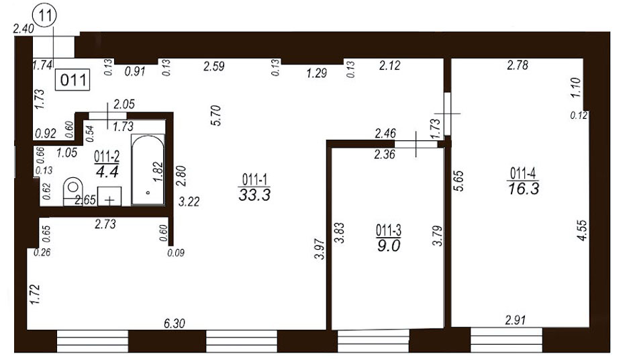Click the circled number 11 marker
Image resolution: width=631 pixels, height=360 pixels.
click(46, 16)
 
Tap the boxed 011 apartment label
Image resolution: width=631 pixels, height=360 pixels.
click(72, 80)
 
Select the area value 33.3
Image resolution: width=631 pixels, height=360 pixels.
click(254, 195)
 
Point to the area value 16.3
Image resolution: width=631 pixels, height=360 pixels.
click(523, 189)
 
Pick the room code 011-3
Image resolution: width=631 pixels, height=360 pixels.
click(389, 231)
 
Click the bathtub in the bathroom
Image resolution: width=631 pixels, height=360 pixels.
click(148, 169)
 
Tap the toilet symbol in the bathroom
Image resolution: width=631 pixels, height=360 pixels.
click(73, 191)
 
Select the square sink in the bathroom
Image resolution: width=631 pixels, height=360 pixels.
click(109, 196)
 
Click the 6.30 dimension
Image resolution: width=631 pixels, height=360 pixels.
click(175, 323)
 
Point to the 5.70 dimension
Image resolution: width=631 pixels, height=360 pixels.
click(217, 116)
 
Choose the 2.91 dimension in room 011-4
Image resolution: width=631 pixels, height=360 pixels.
click(515, 320)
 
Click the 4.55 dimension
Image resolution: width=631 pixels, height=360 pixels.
click(582, 230)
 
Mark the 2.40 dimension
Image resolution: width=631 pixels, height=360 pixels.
click(23, 29)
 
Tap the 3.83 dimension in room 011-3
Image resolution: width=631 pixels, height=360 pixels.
click(340, 233)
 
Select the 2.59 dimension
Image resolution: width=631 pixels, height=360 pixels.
click(213, 66)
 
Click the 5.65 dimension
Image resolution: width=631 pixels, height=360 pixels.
click(459, 181)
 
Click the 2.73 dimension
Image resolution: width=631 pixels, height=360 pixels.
click(105, 224)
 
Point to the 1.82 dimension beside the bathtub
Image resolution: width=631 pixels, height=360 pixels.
click(158, 171)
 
